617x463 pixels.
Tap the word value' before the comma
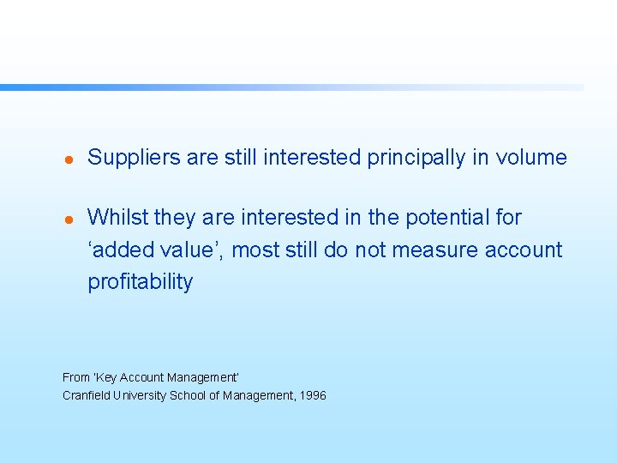click(x=189, y=250)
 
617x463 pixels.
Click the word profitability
click(x=141, y=282)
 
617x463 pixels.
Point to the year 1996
click(x=313, y=395)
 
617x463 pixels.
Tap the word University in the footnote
click(x=140, y=395)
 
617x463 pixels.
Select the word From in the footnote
click(x=75, y=377)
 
